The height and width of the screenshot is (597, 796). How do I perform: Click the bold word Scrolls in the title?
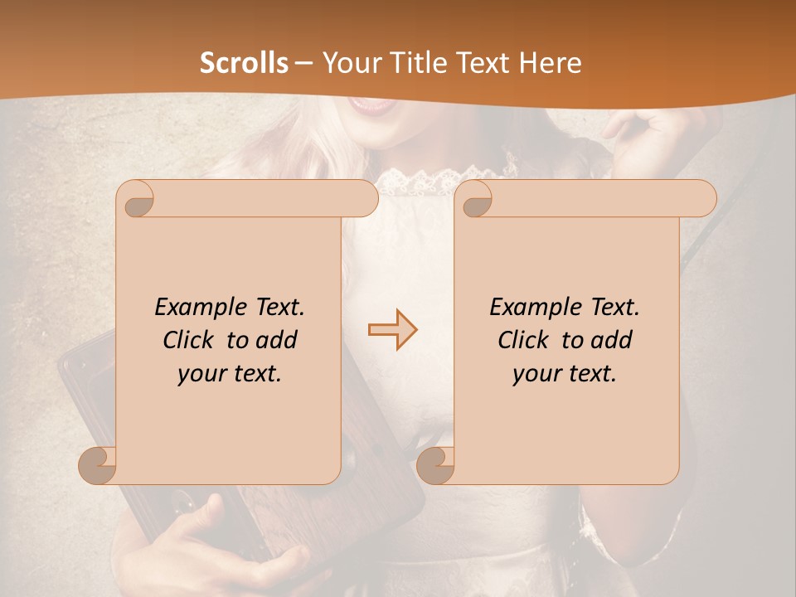pyautogui.click(x=244, y=63)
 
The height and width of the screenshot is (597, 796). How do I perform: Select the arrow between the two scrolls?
pyautogui.click(x=392, y=330)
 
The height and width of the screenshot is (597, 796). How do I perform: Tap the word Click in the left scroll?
pyautogui.click(x=190, y=340)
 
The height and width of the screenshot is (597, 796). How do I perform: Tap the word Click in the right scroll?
pyautogui.click(x=525, y=340)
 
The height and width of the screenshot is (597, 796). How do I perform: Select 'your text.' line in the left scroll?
pyautogui.click(x=230, y=373)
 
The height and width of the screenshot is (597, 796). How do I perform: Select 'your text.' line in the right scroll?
pyautogui.click(x=565, y=373)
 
